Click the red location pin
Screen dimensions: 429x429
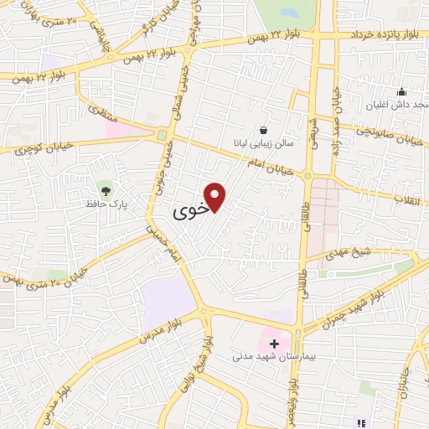pos(216,196)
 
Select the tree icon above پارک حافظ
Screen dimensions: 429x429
pos(105,186)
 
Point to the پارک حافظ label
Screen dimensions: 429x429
pos(105,203)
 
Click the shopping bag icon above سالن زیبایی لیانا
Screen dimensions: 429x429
pos(264,130)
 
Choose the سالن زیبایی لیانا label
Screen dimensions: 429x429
pos(264,144)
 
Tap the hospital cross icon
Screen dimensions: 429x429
pos(274,344)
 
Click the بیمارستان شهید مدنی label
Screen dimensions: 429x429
pos(263,357)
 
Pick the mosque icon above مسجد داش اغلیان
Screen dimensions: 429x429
pos(402,91)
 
